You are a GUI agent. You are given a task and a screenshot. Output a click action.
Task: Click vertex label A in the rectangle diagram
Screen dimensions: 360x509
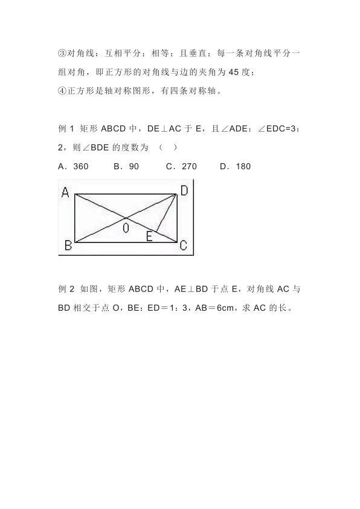point(65,193)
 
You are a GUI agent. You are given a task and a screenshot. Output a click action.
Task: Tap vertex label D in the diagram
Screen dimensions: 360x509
point(184,190)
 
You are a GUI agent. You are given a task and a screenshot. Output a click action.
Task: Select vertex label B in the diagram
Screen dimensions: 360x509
point(68,245)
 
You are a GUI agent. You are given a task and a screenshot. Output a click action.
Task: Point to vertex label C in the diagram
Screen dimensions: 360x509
point(183,245)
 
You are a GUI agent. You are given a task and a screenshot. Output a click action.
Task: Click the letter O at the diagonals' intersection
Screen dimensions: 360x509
point(126,228)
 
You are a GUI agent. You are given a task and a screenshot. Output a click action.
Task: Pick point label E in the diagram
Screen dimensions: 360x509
point(149,236)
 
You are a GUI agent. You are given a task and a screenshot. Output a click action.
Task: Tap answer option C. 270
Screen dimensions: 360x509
point(181,166)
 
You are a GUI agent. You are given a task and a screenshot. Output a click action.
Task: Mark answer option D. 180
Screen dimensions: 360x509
point(235,166)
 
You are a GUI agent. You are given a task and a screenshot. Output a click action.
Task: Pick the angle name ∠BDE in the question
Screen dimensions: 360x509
point(89,148)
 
